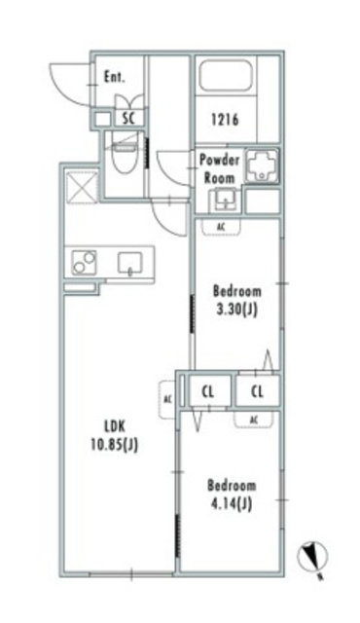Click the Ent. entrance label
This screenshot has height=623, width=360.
[114, 77]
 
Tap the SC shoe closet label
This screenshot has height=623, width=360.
[128, 119]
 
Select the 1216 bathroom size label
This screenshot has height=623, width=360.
[225, 120]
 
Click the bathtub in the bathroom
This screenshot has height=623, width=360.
[225, 76]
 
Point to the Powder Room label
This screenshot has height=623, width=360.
[219, 168]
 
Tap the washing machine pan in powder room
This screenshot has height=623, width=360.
[262, 166]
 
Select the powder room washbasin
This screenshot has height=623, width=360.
[225, 200]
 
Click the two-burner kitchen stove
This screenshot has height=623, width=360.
[84, 263]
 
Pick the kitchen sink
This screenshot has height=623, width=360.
[129, 263]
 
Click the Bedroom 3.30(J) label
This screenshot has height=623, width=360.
[237, 300]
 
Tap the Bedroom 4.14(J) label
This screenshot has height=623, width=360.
[232, 495]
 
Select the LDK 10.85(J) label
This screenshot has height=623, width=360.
[115, 436]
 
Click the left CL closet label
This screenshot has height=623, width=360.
[207, 392]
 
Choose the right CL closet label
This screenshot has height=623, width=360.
[257, 392]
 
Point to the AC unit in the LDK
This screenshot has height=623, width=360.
[167, 399]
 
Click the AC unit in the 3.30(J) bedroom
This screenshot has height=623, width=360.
[221, 227]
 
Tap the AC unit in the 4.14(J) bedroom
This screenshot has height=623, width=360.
[254, 419]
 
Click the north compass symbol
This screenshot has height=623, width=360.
[312, 555]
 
